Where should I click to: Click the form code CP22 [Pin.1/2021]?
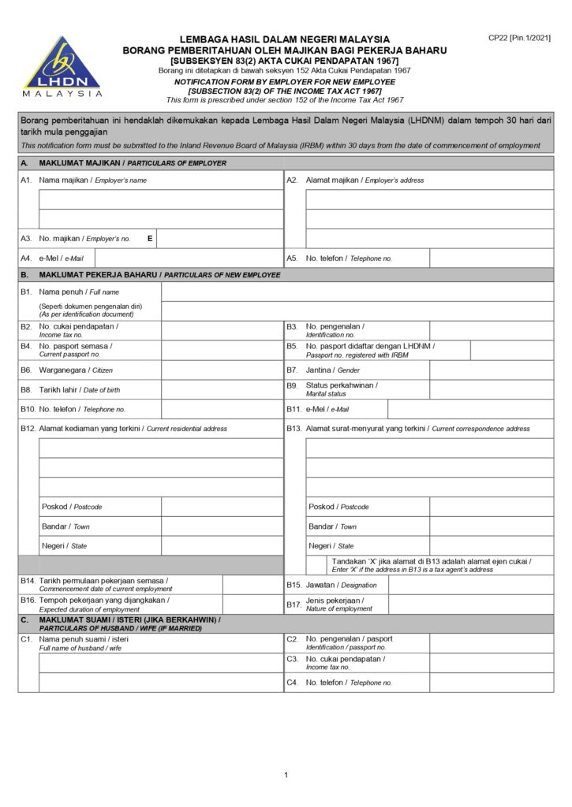[519, 38]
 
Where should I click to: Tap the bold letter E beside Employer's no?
[150, 238]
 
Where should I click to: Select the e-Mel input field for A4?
[189, 258]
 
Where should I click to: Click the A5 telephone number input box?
[492, 258]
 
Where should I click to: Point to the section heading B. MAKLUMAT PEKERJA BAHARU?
[150, 275]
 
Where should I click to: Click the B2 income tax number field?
[222, 330]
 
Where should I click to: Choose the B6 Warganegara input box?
[222, 370]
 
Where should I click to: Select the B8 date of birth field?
[222, 389]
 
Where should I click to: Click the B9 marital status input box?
[492, 389]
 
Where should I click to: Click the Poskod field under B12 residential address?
[222, 507]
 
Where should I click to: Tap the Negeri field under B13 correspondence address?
[492, 545]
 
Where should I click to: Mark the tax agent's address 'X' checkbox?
[317, 565]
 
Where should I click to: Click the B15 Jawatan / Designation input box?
[492, 585]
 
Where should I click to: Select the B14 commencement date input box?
[252, 585]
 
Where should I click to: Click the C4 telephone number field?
[492, 682]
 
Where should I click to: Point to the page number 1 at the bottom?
[286, 775]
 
